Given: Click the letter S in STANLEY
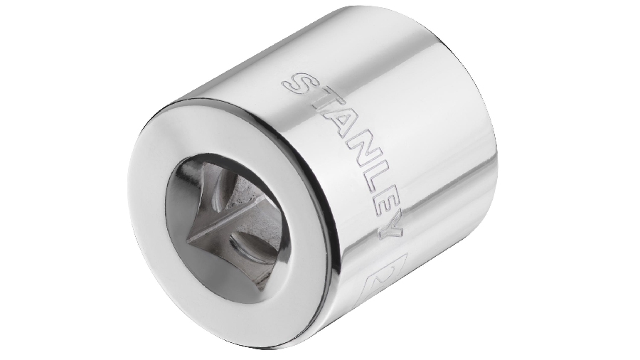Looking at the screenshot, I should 299,87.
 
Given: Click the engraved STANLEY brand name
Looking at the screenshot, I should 348,153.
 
